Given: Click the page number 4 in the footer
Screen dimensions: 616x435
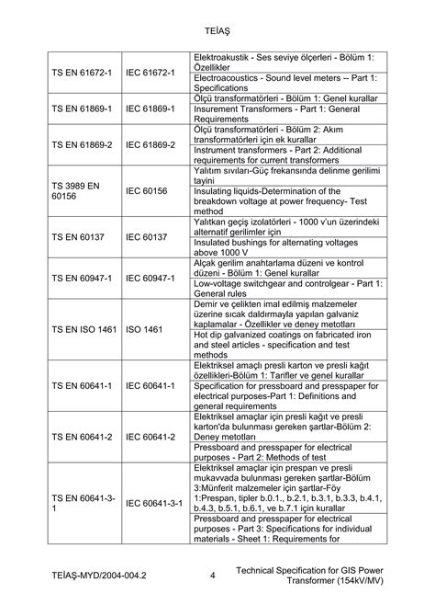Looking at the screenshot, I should coord(212,576).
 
